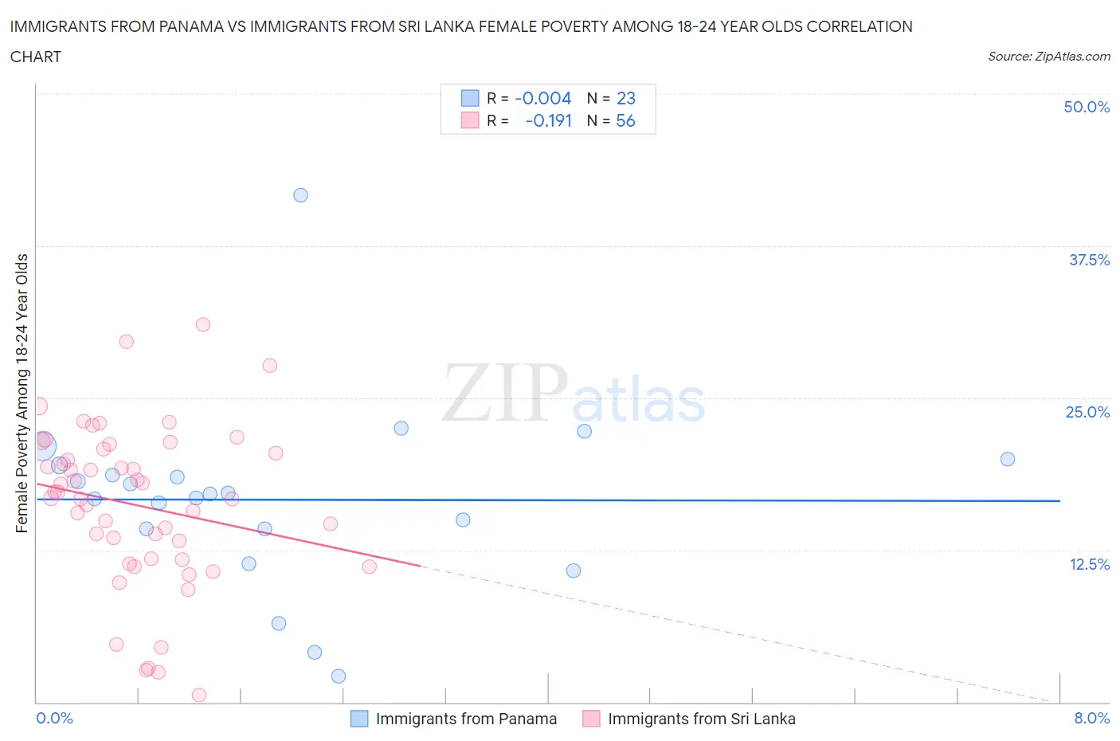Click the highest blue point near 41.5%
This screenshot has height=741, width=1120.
click(300, 195)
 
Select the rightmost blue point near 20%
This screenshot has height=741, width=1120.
click(1007, 459)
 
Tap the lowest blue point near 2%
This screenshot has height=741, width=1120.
click(339, 676)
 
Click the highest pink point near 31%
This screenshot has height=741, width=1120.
click(203, 324)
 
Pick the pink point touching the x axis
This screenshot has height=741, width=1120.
click(199, 695)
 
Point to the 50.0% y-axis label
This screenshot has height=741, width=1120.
click(1087, 108)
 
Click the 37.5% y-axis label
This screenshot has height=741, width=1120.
click(1089, 261)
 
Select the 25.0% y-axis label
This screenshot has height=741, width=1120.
click(1087, 413)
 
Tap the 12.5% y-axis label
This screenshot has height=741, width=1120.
click(1089, 565)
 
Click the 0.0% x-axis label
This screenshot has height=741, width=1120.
click(55, 719)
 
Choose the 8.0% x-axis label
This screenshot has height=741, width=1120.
click(1091, 719)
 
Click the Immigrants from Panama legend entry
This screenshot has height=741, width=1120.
click(466, 719)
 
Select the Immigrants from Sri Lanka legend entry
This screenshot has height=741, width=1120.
click(701, 719)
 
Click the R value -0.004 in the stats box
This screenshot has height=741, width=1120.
click(543, 99)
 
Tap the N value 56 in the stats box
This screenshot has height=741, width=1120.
click(625, 121)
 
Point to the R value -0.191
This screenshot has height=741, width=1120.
click(549, 121)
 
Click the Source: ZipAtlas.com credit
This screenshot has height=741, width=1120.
click(1048, 57)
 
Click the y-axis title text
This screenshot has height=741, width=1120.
click(22, 393)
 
